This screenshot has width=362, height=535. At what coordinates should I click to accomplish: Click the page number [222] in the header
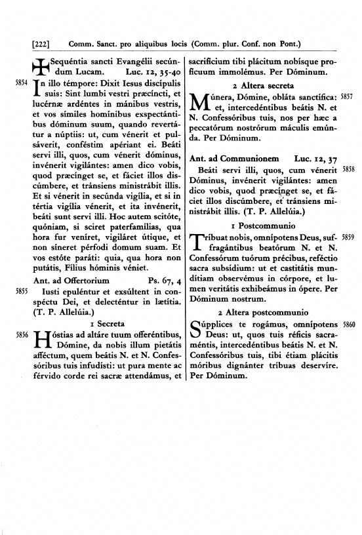[41, 45]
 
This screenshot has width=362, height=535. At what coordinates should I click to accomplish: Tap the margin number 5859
[347, 238]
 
